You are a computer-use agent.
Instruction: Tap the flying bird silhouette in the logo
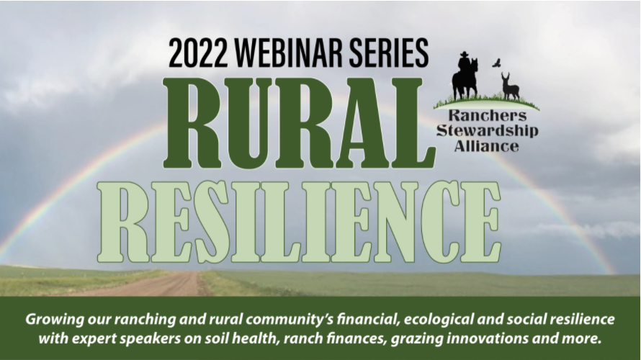[496, 63]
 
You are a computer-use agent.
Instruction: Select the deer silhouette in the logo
[510, 87]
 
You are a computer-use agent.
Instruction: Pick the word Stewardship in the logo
[486, 132]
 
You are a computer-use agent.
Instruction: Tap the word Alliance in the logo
[486, 146]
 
